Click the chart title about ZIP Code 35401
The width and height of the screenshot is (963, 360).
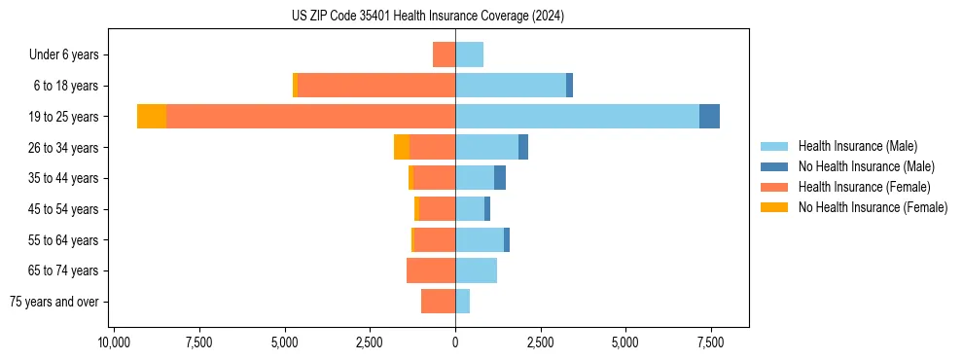tap(427, 17)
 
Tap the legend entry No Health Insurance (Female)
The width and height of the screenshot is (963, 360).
tap(873, 207)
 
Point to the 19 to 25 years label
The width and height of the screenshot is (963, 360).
tap(64, 117)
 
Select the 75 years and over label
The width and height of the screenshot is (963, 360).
tap(54, 302)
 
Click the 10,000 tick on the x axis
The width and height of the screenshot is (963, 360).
tap(114, 342)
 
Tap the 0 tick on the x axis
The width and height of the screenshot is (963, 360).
tap(455, 342)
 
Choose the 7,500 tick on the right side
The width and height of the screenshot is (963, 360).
tap(710, 342)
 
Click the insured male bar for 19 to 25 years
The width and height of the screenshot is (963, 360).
tap(577, 117)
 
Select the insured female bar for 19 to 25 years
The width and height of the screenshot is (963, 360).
tap(310, 117)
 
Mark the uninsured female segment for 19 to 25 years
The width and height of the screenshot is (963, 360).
tap(152, 117)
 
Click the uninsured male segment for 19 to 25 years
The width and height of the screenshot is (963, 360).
tap(709, 117)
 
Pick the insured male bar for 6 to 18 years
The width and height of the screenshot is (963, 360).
tap(511, 86)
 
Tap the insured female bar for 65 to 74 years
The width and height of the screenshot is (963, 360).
tap(431, 270)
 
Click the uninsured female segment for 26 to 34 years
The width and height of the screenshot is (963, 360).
tap(402, 147)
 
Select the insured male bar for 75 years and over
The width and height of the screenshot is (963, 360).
tap(462, 302)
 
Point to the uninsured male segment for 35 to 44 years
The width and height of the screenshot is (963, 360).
tap(500, 178)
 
